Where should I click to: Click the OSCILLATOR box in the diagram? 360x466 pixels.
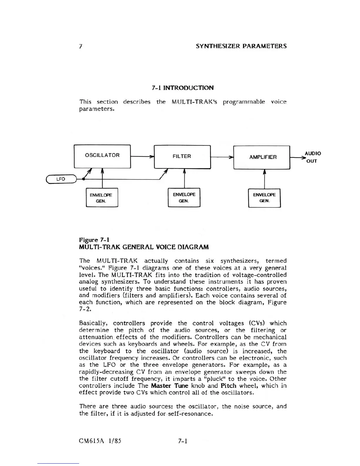(x=102, y=156)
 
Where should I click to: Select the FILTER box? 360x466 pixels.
(x=182, y=157)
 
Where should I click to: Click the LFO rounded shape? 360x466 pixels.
(x=61, y=179)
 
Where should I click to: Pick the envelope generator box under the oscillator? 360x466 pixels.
(x=102, y=198)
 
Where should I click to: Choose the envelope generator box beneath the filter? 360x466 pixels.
(x=184, y=197)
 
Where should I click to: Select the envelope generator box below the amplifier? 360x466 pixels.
(x=264, y=198)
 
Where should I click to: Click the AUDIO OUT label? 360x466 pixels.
(x=312, y=157)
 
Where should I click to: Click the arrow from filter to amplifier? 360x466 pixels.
(x=222, y=157)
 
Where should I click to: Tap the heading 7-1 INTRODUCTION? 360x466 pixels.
(x=183, y=88)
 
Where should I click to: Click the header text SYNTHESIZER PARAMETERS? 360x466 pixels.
(x=241, y=46)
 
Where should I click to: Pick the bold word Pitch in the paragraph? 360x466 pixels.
(x=229, y=386)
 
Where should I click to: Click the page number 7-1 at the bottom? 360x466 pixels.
(x=183, y=441)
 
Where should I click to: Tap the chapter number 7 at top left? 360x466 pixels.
(x=80, y=46)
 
